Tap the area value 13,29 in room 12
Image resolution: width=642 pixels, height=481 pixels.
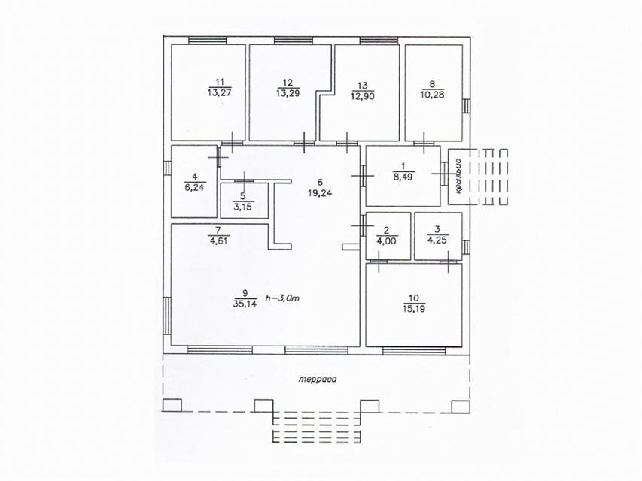(288, 93)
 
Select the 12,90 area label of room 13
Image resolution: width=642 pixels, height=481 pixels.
(363, 96)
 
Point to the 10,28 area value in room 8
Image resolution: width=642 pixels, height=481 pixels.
(432, 95)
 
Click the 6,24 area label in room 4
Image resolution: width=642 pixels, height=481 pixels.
(194, 187)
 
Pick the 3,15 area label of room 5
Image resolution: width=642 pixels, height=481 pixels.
(243, 207)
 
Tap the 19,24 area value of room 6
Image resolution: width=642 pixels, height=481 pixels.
(320, 192)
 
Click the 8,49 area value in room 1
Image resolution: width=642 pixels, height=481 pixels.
(403, 177)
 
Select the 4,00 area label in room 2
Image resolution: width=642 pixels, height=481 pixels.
(387, 240)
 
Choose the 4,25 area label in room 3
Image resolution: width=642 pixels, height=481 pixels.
(437, 240)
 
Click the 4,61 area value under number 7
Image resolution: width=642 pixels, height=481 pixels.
(219, 241)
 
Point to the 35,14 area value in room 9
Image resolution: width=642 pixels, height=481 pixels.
(245, 304)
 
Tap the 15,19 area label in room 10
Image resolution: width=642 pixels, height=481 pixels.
(414, 309)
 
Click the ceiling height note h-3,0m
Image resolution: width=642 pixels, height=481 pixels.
(282, 298)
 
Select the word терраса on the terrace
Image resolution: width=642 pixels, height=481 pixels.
(318, 379)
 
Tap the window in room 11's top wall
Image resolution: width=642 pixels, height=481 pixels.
(207, 40)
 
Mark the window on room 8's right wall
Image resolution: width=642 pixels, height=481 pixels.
(466, 106)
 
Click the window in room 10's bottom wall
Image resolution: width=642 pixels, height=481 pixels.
(413, 350)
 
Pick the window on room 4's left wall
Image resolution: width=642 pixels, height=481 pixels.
(167, 168)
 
